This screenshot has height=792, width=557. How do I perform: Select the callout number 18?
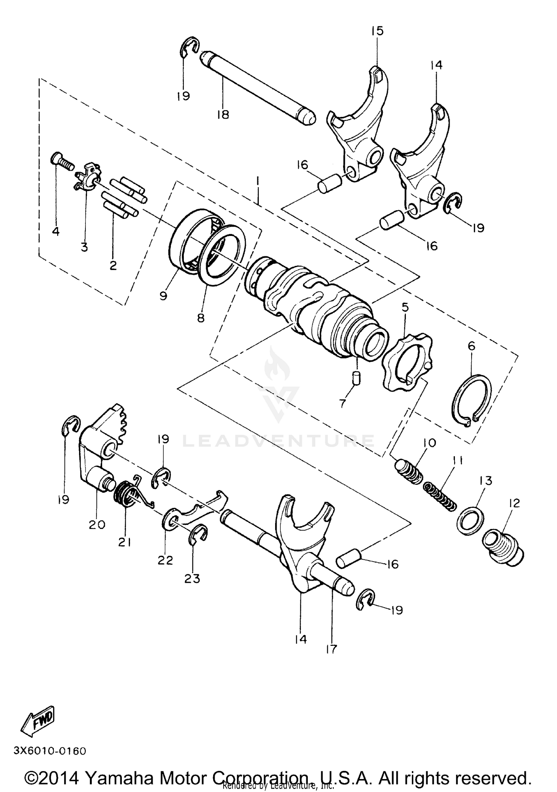[x=223, y=115]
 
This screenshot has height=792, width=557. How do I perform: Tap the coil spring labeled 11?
[x=440, y=495]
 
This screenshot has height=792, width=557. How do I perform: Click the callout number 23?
[x=192, y=578]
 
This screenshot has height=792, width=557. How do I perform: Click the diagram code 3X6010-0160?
[x=50, y=751]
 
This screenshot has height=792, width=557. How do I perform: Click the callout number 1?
[x=258, y=183]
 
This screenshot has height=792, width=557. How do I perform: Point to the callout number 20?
[x=97, y=525]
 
